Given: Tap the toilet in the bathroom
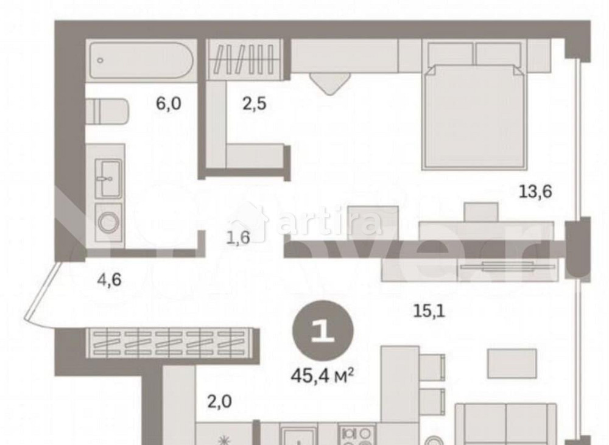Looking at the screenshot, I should pyautogui.click(x=107, y=113).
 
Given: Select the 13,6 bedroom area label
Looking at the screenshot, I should pyautogui.click(x=535, y=192).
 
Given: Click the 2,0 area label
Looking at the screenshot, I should pyautogui.click(x=219, y=402).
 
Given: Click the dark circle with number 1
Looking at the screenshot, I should pyautogui.click(x=322, y=332).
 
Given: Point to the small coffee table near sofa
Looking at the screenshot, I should pyautogui.click(x=512, y=363).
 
